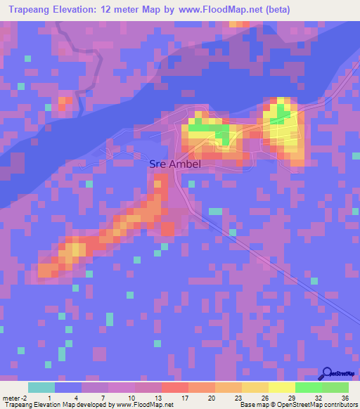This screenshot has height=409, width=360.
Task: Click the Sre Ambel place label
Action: tap(175, 164)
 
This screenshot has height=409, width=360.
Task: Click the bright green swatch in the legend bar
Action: tap(308, 387)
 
